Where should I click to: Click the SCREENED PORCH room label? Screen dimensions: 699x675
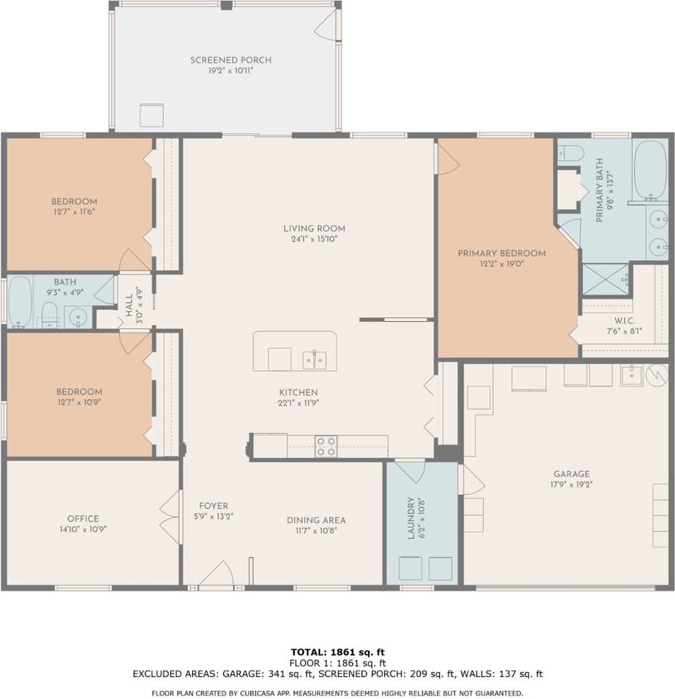[231, 60]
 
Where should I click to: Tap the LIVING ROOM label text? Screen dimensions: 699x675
[314, 228]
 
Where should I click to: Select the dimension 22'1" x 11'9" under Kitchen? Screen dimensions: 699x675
[298, 403]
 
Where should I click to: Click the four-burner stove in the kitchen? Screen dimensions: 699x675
[326, 446]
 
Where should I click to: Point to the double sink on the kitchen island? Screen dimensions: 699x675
[314, 360]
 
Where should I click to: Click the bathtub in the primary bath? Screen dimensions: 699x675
[650, 170]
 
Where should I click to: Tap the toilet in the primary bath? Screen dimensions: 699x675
[572, 153]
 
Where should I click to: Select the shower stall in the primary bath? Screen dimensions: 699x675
[605, 279]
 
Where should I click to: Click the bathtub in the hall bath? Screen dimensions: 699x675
[20, 301]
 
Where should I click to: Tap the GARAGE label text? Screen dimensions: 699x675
[570, 473]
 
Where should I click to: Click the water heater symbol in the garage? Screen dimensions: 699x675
[657, 375]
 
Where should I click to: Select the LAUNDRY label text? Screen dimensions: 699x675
[410, 518]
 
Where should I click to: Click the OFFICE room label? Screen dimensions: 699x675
[83, 518]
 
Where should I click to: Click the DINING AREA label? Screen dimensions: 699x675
[316, 520]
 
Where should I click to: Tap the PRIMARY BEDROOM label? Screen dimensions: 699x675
[501, 253]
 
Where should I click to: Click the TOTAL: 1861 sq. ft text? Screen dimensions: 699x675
[337, 652]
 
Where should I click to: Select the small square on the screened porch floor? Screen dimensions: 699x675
[152, 115]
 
